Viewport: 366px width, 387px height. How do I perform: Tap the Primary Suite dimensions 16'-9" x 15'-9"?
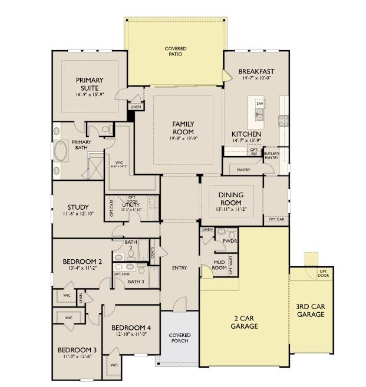pyautogui.click(x=90, y=94)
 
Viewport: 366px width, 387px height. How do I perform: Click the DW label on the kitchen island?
pyautogui.click(x=259, y=104)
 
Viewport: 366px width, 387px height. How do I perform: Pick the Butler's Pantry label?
pyautogui.click(x=271, y=156)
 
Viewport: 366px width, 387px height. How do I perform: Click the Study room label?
pyautogui.click(x=78, y=207)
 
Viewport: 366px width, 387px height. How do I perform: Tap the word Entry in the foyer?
pyautogui.click(x=179, y=268)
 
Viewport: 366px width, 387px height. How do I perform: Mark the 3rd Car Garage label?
pyautogui.click(x=310, y=310)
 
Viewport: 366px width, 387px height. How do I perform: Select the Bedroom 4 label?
pyautogui.click(x=131, y=328)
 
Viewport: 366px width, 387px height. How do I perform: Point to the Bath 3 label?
pyautogui.click(x=136, y=281)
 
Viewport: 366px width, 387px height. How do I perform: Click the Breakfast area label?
pyautogui.click(x=256, y=71)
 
